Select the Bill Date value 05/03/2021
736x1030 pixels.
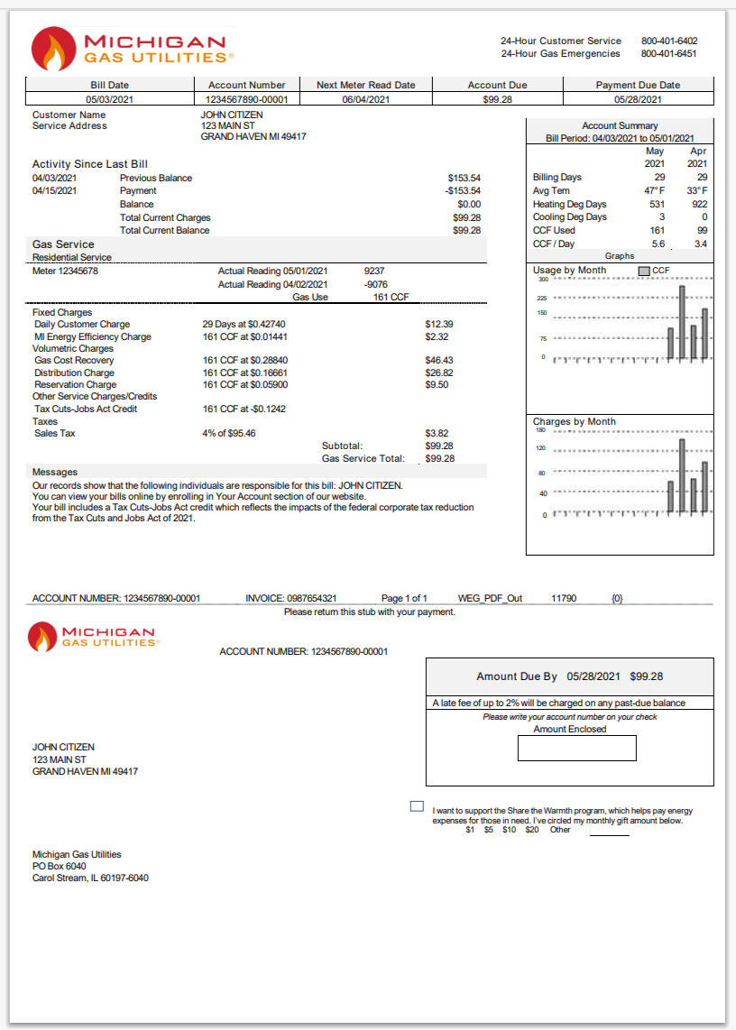(110, 99)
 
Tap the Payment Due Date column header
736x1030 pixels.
(638, 85)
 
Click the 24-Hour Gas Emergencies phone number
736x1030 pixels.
(669, 53)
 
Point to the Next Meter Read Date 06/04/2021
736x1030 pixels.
(365, 99)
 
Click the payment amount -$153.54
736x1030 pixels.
(463, 191)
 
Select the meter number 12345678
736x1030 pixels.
(65, 271)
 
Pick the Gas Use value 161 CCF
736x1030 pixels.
(391, 297)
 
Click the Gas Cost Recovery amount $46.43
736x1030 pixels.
(438, 361)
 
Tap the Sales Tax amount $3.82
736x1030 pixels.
(437, 434)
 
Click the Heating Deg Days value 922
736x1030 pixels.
(697, 205)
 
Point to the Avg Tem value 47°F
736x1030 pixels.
(655, 191)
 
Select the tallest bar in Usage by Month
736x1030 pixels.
(682, 322)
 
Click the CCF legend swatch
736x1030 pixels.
(643, 271)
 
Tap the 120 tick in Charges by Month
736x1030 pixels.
(541, 448)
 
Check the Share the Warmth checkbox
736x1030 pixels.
(417, 805)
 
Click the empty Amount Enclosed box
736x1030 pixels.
(576, 748)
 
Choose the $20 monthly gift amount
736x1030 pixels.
(532, 830)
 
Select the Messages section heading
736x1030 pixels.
(55, 472)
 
